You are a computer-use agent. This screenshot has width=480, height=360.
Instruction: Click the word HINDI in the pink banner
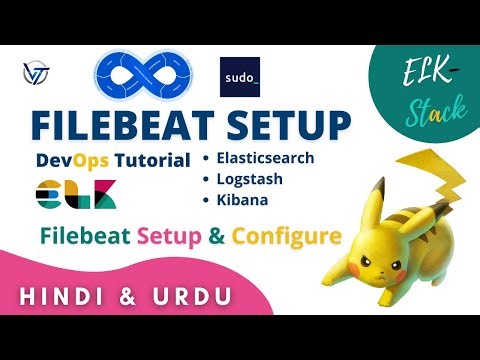click(x=66, y=297)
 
